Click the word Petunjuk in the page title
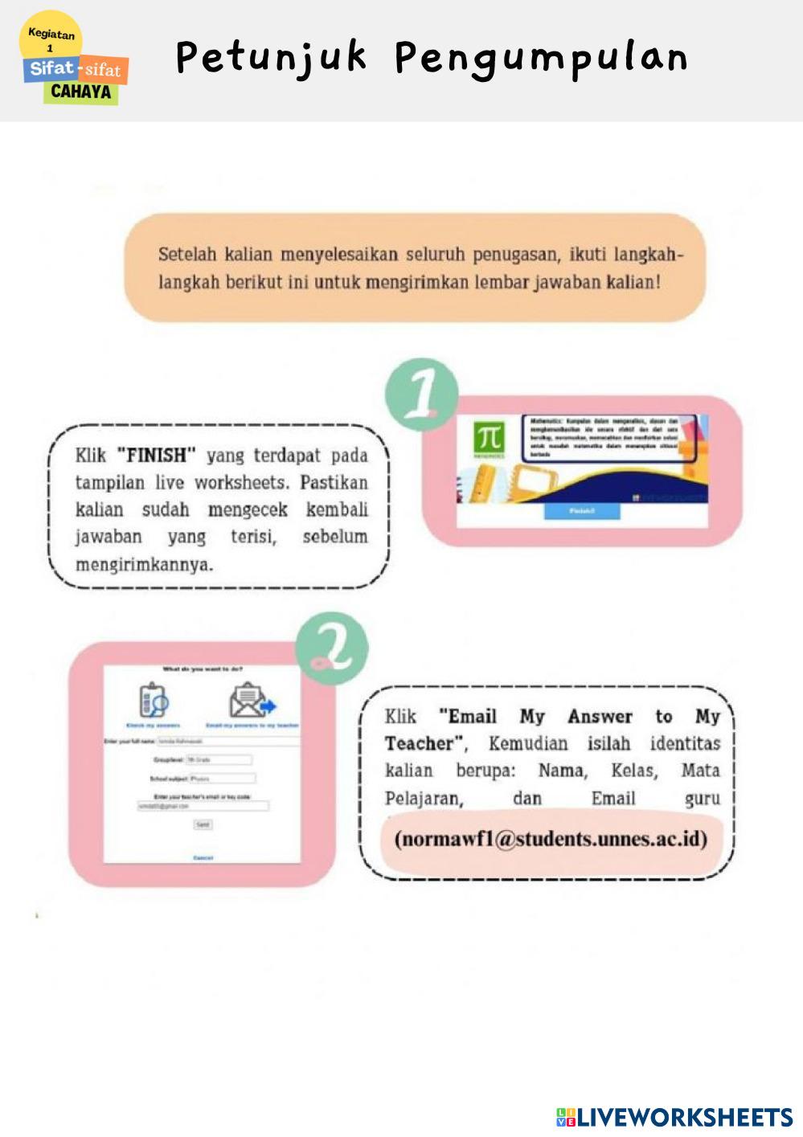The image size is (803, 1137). (271, 59)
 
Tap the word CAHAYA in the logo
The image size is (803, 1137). (80, 92)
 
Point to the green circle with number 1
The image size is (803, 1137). (422, 393)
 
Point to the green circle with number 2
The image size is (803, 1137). (332, 648)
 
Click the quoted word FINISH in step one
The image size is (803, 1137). (156, 456)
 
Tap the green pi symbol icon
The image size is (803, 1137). (489, 439)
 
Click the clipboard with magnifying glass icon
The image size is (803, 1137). (153, 700)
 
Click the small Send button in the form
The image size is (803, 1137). (203, 824)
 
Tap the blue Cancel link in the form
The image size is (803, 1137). (203, 858)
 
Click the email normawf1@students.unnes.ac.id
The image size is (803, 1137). (551, 839)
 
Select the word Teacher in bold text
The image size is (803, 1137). (419, 743)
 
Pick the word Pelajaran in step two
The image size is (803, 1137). (424, 798)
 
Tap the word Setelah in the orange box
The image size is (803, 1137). (186, 255)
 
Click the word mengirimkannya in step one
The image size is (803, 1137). (144, 564)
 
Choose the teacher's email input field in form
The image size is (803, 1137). (203, 805)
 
